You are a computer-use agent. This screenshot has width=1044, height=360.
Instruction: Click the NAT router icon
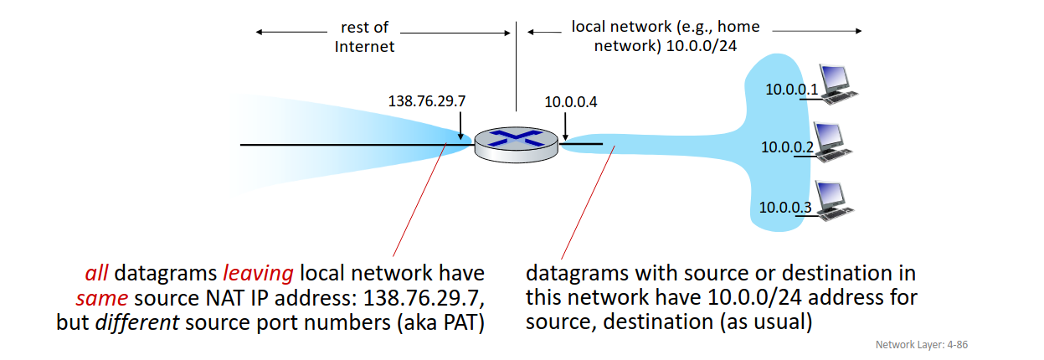516,145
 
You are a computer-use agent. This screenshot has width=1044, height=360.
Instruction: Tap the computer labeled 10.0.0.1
838,84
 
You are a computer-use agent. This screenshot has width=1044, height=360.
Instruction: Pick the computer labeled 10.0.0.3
831,201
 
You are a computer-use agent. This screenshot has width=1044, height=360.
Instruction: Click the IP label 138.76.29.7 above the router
427,101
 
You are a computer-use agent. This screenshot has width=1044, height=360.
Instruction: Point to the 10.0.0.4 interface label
571,102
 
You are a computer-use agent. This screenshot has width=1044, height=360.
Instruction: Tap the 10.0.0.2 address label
787,147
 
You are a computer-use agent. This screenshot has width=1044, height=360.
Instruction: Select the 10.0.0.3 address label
785,207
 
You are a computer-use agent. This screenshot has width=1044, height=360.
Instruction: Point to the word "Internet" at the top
364,47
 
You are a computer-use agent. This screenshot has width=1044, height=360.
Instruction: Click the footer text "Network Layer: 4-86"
921,344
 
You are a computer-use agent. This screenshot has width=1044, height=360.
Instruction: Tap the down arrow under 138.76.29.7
460,123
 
